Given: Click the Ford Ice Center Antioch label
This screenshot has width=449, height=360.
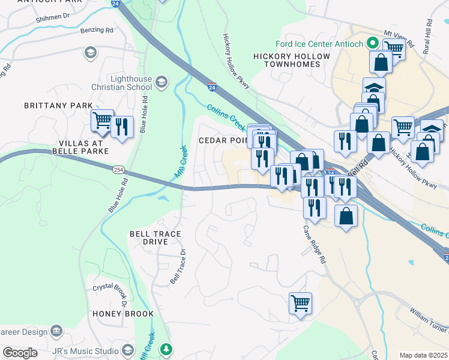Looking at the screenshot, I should point(319,44).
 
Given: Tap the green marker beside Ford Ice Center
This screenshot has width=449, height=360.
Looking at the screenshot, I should point(372,43).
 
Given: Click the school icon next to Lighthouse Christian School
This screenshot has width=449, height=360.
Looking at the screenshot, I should point(160,81).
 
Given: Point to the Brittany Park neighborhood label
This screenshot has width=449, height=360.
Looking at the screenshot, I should point(58,106).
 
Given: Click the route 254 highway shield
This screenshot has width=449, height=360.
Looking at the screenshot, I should point(118,170).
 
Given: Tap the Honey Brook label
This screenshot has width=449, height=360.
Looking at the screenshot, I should point(123,314).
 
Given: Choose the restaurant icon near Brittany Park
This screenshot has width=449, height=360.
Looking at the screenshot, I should point(122,127).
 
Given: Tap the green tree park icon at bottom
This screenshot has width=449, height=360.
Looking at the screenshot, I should point(166,349).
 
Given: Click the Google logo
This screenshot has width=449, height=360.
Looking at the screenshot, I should point(20,353).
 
